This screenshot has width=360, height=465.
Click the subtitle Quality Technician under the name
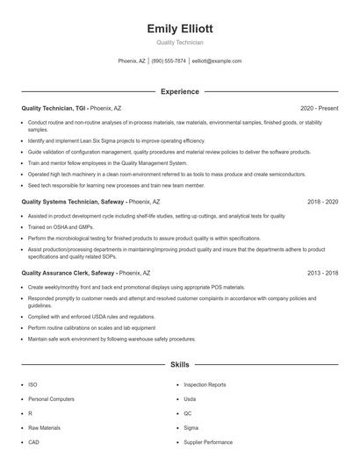(x=179, y=42)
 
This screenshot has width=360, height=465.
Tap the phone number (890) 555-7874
(x=169, y=61)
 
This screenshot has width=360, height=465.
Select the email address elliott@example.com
(x=216, y=61)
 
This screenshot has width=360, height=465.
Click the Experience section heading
(x=179, y=91)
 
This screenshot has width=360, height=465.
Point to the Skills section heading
(x=179, y=363)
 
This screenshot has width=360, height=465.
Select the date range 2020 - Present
(x=319, y=108)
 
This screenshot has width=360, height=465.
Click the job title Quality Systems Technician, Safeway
(x=73, y=201)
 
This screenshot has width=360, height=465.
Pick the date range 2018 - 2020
(x=322, y=201)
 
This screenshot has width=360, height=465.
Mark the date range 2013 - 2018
(x=322, y=273)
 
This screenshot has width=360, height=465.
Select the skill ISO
(x=32, y=384)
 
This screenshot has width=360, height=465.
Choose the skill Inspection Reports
(x=205, y=384)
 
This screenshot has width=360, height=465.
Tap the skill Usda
(x=190, y=398)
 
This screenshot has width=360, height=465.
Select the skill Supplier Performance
(x=208, y=441)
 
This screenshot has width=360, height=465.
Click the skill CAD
(x=34, y=441)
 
